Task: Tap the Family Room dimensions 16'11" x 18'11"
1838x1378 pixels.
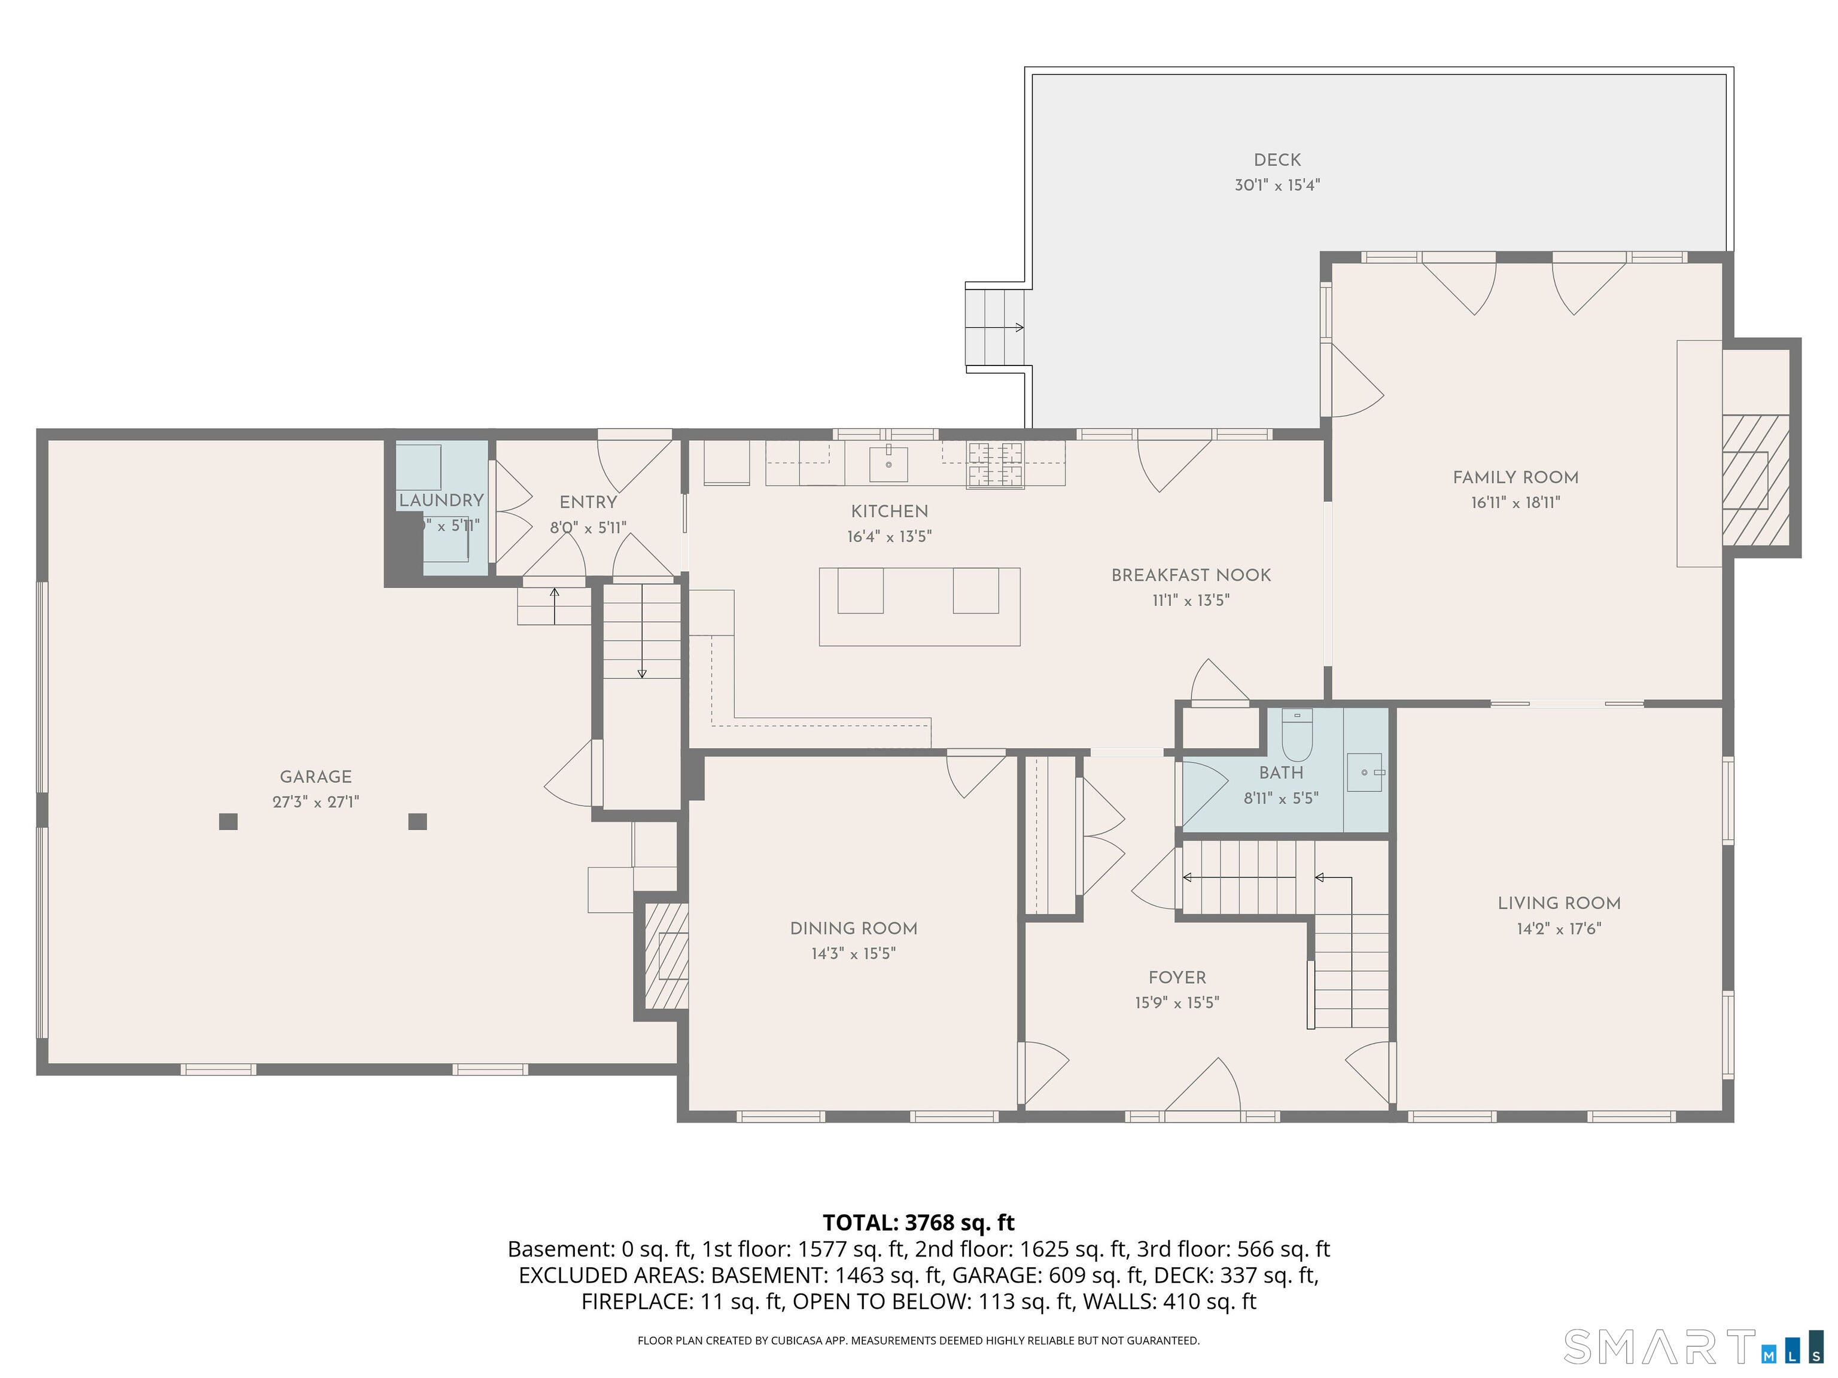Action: (1515, 502)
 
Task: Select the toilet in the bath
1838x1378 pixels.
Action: (1297, 736)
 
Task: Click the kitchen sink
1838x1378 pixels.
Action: (888, 464)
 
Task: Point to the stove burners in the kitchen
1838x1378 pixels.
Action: (994, 464)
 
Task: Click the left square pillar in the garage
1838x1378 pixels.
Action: (229, 822)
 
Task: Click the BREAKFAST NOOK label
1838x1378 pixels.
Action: (1191, 575)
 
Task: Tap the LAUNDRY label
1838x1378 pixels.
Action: (441, 500)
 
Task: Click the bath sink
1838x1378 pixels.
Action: (1364, 773)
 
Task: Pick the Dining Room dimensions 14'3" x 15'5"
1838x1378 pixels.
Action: (853, 953)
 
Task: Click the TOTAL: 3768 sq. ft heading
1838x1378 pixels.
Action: (918, 1222)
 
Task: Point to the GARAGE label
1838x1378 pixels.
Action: (316, 777)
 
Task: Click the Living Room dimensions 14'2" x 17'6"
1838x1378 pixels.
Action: (1559, 929)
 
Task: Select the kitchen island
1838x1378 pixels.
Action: (919, 606)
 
